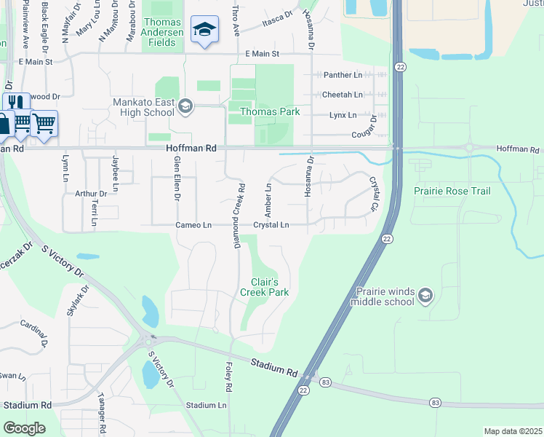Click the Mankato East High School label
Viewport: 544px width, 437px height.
[x=143, y=108]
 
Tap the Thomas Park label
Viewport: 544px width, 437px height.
[x=270, y=111]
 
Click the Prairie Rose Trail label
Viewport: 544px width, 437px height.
[x=452, y=191]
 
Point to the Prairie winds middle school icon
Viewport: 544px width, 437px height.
[x=425, y=295]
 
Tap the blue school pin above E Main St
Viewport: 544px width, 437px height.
[x=204, y=31]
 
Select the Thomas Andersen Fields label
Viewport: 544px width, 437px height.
[x=162, y=33]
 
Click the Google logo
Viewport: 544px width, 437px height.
[x=24, y=428]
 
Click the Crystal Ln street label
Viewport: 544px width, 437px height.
[x=271, y=225]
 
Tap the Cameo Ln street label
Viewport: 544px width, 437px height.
[x=193, y=225]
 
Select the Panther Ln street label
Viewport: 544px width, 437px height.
[x=343, y=75]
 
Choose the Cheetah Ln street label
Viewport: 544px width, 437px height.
[x=343, y=95]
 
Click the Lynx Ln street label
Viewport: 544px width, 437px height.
[x=343, y=115]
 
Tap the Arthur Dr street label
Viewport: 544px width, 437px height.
[x=91, y=194]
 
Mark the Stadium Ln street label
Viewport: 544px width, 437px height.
[x=206, y=405]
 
